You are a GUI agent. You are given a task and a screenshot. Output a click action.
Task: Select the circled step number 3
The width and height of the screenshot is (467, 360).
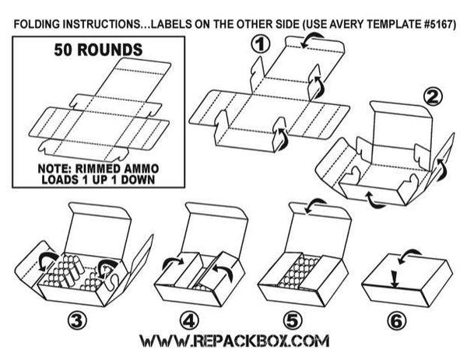click(x=76, y=320)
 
